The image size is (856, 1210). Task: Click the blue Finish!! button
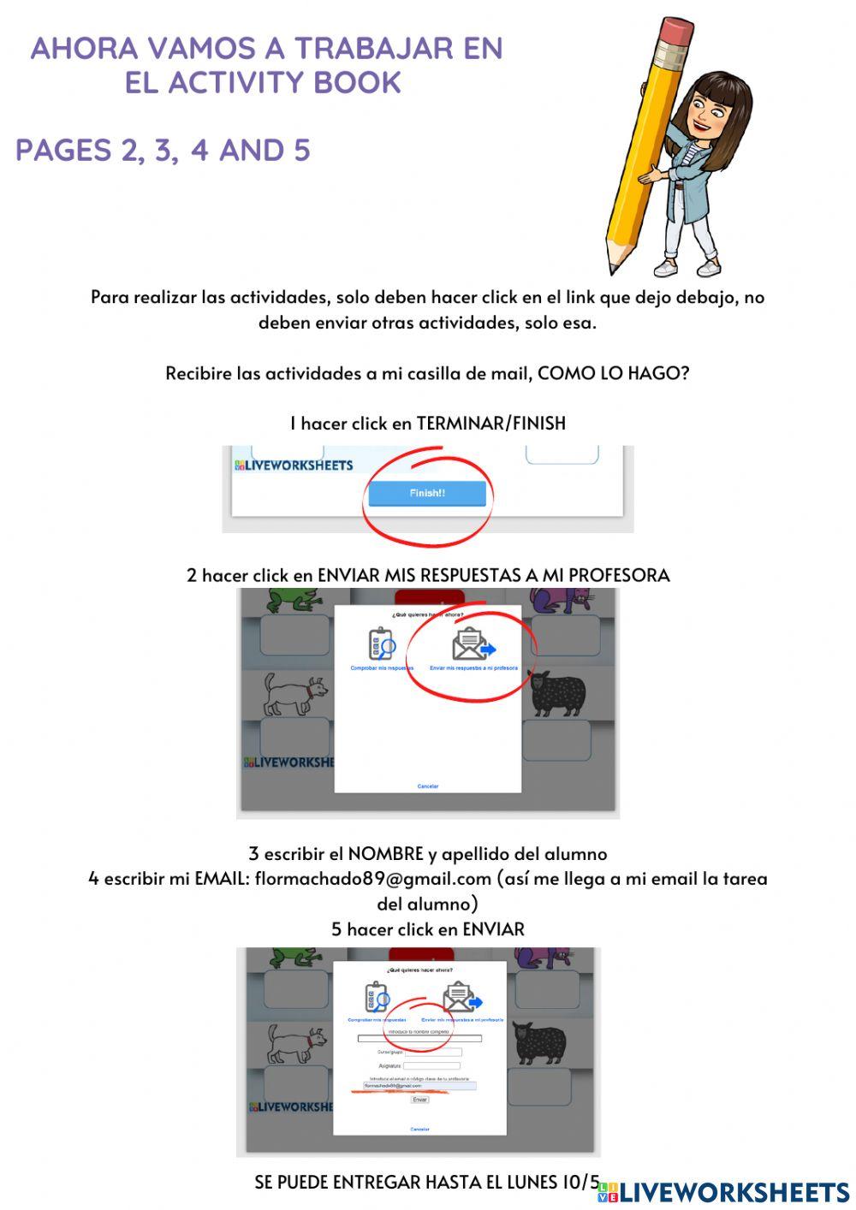426,493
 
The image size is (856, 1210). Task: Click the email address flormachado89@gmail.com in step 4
372,879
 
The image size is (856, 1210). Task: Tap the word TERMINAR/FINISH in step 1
490,423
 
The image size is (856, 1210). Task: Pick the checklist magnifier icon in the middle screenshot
381,644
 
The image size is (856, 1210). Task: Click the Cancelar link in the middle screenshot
427,786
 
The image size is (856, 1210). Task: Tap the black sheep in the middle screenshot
558,694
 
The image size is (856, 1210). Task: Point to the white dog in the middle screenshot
294,693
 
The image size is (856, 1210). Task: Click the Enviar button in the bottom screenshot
419,1100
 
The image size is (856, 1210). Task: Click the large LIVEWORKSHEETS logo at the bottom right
724,1192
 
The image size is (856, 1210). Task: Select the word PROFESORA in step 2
619,575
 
